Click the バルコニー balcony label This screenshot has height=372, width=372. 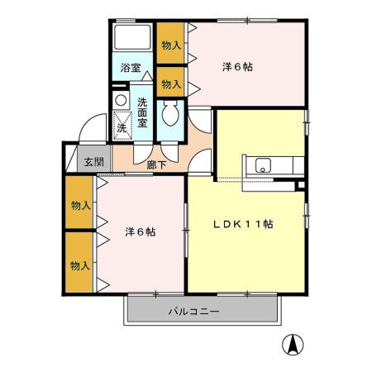pyautogui.click(x=193, y=312)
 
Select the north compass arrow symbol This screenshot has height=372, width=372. pyautogui.click(x=293, y=344)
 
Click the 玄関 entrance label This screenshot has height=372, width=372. pyautogui.click(x=93, y=162)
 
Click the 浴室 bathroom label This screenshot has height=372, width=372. pyautogui.click(x=130, y=68)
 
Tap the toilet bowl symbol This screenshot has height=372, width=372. pyautogui.click(x=171, y=114)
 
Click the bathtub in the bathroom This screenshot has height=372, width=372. pyautogui.click(x=132, y=39)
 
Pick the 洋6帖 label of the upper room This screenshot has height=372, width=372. pyautogui.click(x=238, y=66)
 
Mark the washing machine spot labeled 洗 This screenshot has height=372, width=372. pyautogui.click(x=122, y=127)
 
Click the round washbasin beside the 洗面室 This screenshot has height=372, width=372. pyautogui.click(x=122, y=101)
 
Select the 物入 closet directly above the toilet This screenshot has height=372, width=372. pyautogui.click(x=170, y=83)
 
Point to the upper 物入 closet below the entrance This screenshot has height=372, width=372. pyautogui.click(x=80, y=205)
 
